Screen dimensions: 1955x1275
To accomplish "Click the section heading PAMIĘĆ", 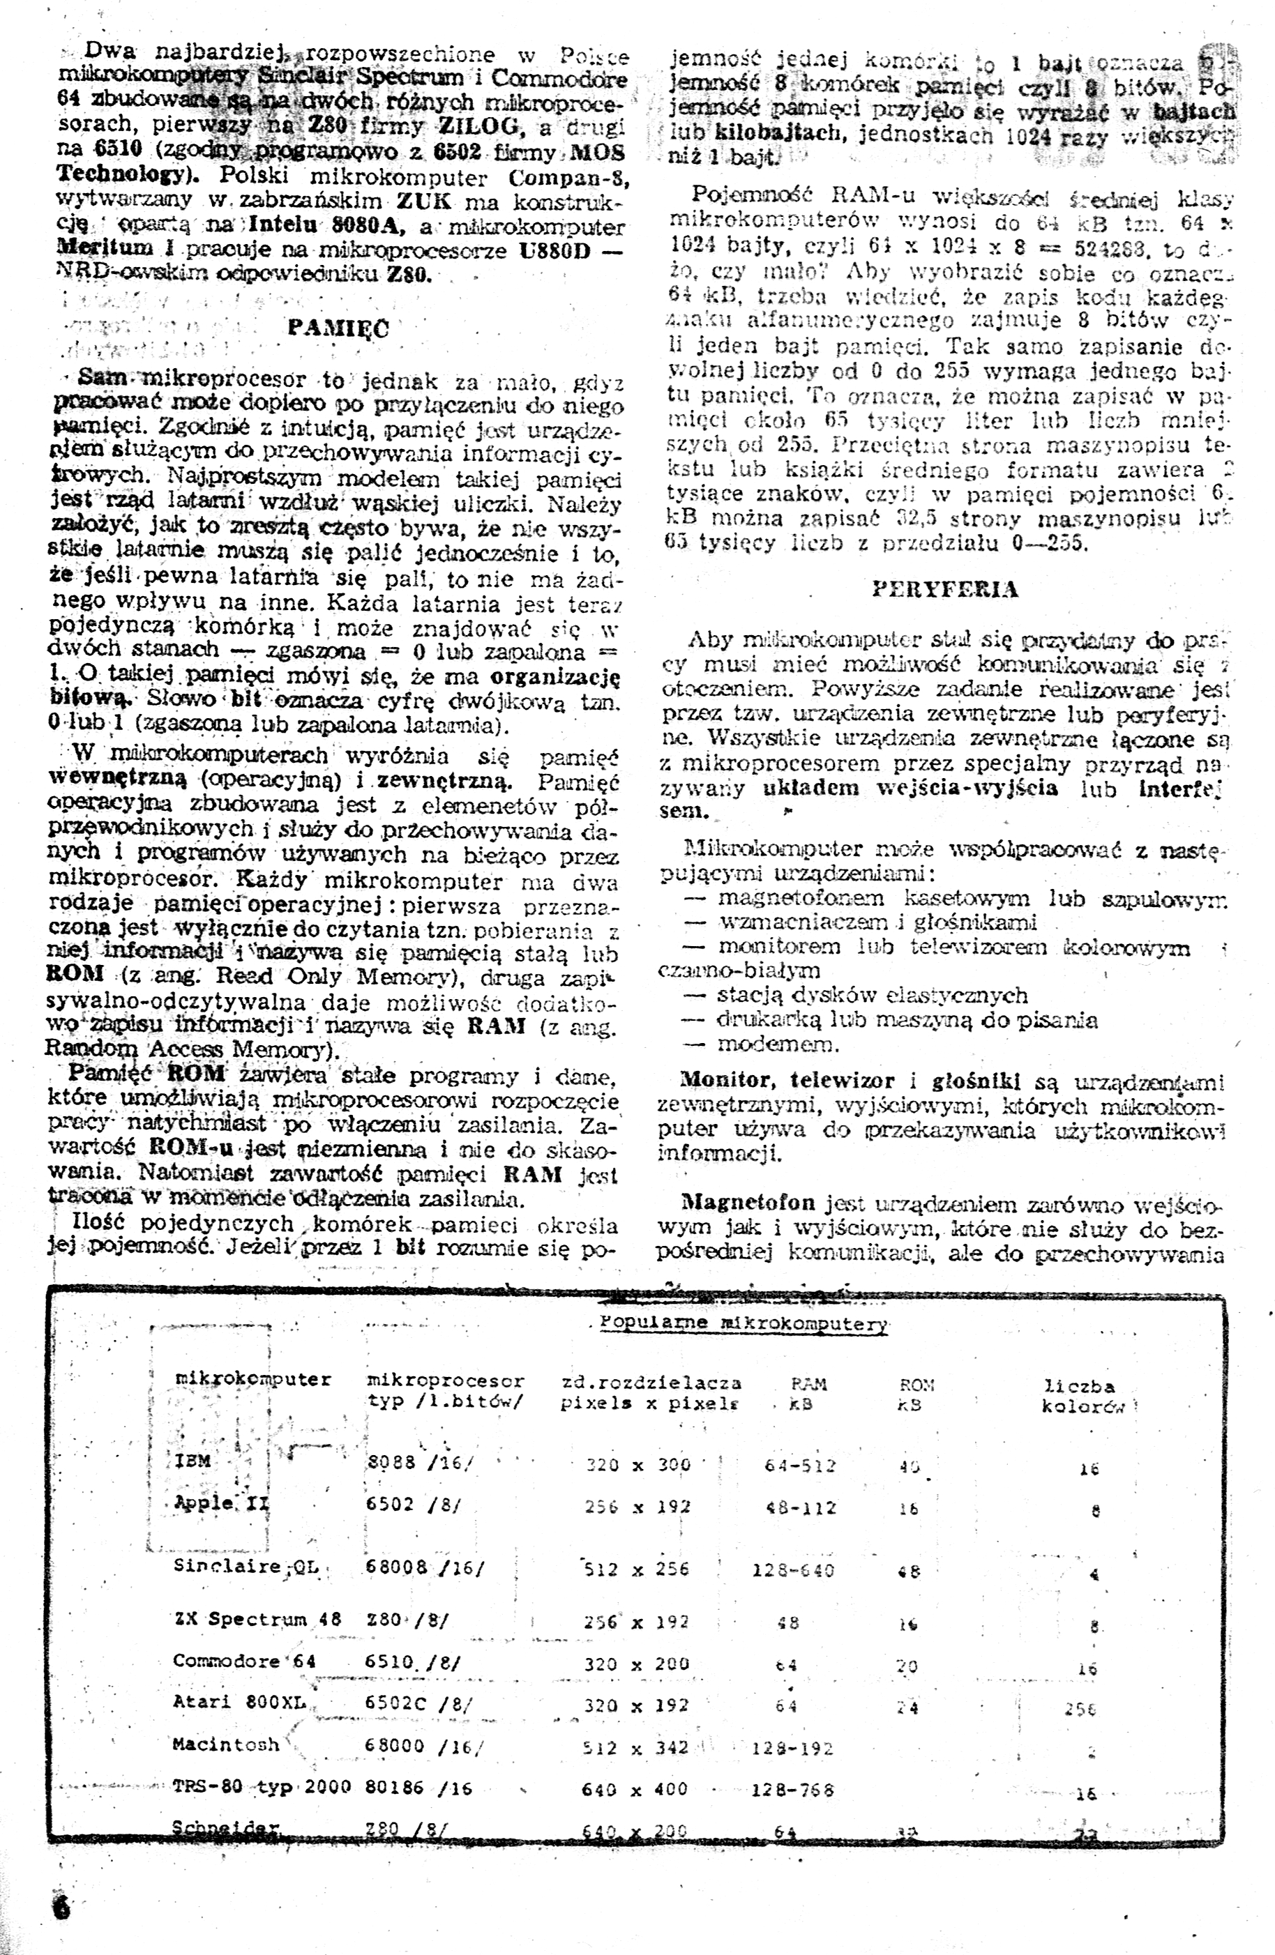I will [338, 328].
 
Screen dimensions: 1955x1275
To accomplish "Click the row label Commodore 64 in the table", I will [244, 1660].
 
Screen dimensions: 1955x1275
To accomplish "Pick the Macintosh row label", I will [226, 1743].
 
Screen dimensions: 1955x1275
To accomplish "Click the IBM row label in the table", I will [193, 1461].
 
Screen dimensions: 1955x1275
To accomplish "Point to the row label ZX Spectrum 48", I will [257, 1619].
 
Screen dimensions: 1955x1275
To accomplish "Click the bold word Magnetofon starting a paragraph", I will [748, 1203].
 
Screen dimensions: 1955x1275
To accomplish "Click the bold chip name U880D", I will [555, 249].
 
